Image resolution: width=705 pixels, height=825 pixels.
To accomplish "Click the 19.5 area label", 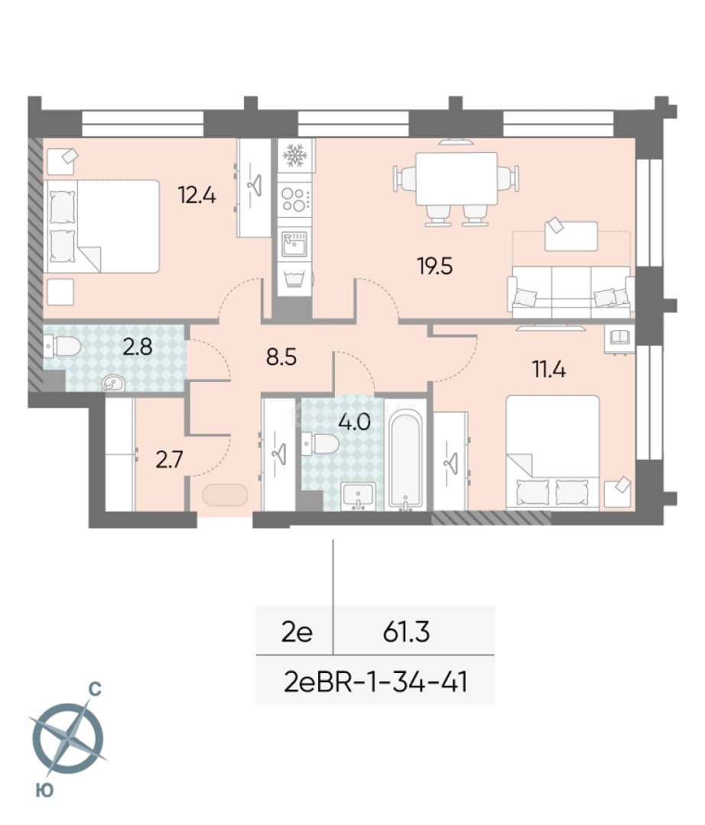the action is coord(435,267).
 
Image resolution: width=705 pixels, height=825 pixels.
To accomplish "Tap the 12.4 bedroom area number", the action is coord(197,196).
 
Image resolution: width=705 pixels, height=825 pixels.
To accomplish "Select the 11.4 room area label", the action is coord(549,370).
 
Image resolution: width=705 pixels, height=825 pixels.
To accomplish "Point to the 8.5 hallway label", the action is coord(281,357).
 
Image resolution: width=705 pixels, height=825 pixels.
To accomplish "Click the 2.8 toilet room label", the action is coord(138,348).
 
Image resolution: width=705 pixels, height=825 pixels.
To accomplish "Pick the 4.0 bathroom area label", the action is coord(355,422).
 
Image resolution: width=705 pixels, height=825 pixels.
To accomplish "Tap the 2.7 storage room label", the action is coord(169,460).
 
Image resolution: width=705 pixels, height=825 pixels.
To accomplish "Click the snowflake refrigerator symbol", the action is coord(295,156).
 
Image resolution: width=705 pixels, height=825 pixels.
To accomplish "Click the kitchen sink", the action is coord(294,243).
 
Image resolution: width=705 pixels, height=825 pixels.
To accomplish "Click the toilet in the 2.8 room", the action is coord(63,347).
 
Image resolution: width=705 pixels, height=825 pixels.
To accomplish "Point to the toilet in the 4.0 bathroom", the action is coord(320,444).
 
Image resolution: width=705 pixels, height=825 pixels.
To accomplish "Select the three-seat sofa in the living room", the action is coord(569,292).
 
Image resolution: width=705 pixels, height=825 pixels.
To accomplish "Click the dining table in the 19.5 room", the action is coord(456,179).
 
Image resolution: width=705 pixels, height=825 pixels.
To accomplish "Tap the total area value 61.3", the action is coord(407,632).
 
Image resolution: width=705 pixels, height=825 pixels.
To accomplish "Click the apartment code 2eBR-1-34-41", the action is coord(376,682).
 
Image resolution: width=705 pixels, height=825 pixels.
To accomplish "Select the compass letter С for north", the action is coord(95,689).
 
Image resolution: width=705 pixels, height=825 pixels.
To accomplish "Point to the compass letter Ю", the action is coord(45,790).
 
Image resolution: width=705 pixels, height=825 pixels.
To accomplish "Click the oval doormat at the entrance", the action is coord(225,495).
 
